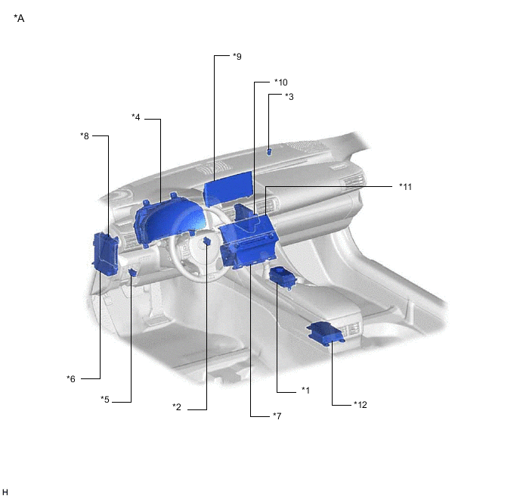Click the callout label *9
(237, 57)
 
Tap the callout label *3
(289, 97)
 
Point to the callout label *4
(136, 117)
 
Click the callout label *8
(85, 136)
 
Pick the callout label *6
(71, 378)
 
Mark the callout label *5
(106, 400)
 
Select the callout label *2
(176, 408)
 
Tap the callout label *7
(277, 416)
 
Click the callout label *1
(305, 391)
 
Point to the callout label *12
(360, 404)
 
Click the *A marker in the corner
(19, 18)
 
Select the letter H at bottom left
(5, 492)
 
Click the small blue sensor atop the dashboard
(268, 151)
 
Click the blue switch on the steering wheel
(206, 241)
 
